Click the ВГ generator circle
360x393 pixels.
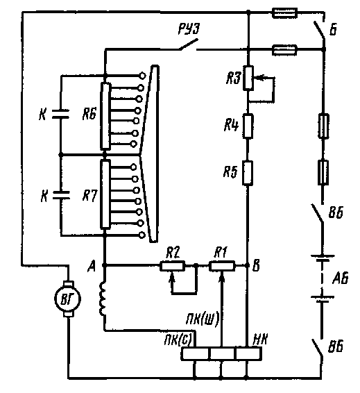[x=67, y=299]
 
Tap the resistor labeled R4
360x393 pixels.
[x=248, y=126]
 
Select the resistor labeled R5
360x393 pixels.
[x=248, y=173]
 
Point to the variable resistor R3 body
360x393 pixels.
[x=248, y=78]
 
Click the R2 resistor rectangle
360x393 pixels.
[x=173, y=266]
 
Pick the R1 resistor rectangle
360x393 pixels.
[x=222, y=266]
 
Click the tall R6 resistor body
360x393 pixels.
[x=105, y=116]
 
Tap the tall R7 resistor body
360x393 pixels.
[x=105, y=194]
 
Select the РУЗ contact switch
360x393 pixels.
[x=188, y=44]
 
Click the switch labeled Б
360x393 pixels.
[x=319, y=30]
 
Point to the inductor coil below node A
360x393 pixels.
[x=103, y=299]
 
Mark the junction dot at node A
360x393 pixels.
[x=105, y=265]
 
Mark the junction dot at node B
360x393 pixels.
[x=248, y=265]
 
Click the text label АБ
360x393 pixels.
[x=341, y=278]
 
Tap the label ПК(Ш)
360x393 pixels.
[x=203, y=319]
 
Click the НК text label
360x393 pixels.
[x=260, y=340]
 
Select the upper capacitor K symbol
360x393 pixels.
[x=60, y=114]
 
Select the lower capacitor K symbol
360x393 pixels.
[x=61, y=195]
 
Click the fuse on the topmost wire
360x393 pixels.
[x=284, y=13]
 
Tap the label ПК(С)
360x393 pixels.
[x=178, y=340]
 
